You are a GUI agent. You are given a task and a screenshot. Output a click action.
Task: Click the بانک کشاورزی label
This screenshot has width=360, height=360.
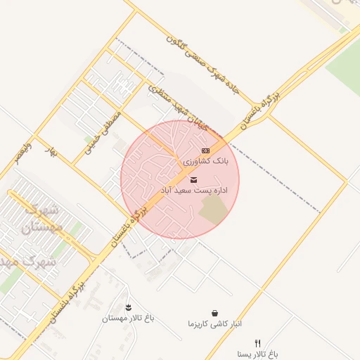coord(206,162)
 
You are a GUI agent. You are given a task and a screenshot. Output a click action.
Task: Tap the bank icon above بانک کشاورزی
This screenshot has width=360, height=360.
coord(205,150)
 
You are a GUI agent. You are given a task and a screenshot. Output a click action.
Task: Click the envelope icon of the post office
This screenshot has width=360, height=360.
coord(194,180)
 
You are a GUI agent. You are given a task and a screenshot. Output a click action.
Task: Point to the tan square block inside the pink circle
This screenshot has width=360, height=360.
coord(212,209)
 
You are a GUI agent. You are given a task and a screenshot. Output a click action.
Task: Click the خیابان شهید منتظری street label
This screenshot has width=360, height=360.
coord(178,109)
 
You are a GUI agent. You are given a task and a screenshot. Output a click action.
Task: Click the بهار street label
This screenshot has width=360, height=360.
coord(49,151)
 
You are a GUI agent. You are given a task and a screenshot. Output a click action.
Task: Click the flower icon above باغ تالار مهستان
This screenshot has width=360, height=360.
coord(128,307)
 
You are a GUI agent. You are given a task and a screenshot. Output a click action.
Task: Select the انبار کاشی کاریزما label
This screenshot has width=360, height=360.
coord(214,324)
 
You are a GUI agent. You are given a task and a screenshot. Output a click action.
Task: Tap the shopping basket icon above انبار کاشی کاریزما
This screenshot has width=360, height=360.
coord(214,313)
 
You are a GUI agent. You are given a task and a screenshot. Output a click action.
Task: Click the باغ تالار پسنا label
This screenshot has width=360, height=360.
coord(257,354)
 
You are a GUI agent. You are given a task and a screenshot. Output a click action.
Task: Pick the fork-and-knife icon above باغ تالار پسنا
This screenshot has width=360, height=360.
coord(257,343)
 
